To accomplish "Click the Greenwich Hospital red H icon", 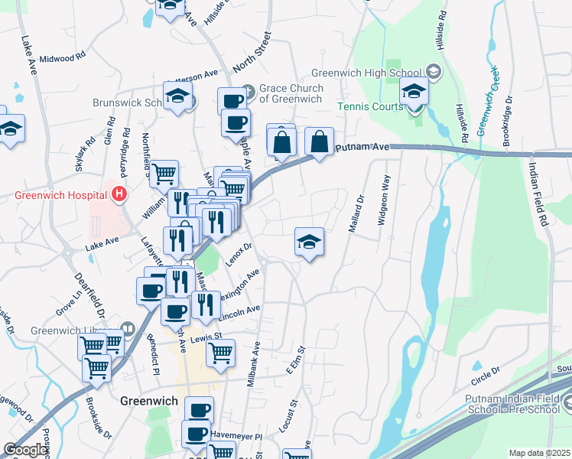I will (119, 194).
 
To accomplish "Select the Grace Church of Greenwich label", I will (291, 93).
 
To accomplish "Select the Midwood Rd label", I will (61, 58).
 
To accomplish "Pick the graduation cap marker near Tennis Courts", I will (414, 93).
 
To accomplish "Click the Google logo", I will (25, 450).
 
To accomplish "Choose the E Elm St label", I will (295, 360).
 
